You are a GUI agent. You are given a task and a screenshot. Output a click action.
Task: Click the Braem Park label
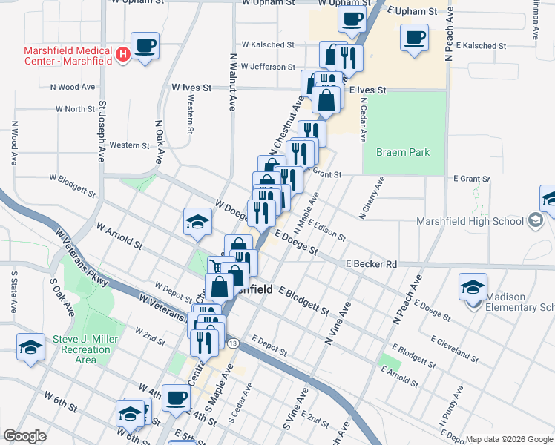[x=403, y=152]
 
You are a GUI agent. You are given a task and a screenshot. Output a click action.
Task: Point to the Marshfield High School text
[x=472, y=220]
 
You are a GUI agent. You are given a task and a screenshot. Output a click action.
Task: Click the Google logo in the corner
[x=24, y=436]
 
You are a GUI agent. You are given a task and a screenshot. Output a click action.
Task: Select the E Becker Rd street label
[x=372, y=264]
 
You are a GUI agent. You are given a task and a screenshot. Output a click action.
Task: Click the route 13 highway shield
[x=233, y=343]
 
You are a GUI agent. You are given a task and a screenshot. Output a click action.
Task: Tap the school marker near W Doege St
[x=197, y=222]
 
